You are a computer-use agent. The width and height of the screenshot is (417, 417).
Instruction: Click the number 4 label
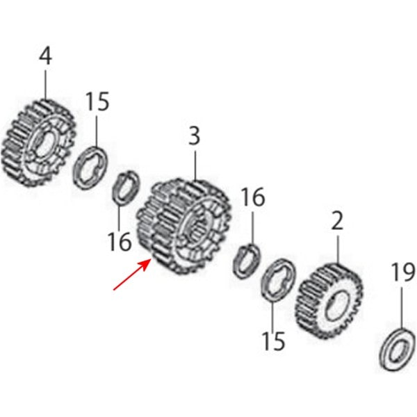(x=45, y=56)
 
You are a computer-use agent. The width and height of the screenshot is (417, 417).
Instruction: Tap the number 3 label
(x=195, y=136)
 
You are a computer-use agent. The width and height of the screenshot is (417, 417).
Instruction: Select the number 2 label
(x=338, y=221)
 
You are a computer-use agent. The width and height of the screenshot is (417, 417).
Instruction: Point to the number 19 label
(x=403, y=272)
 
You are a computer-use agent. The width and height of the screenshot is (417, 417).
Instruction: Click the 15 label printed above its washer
(x=97, y=101)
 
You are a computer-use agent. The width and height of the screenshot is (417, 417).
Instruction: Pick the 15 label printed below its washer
(x=273, y=341)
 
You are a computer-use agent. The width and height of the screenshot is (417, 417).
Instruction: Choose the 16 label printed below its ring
(x=120, y=242)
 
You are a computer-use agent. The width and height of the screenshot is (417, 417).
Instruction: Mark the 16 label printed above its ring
(x=253, y=197)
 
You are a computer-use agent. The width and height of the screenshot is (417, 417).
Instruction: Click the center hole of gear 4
(x=44, y=145)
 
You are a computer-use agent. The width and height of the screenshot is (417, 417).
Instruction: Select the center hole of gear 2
(x=337, y=304)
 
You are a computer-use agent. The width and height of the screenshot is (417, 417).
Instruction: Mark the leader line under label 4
(x=45, y=85)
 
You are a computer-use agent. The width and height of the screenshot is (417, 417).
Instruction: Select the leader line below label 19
(x=402, y=309)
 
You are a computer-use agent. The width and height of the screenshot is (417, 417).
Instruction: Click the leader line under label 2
(x=338, y=250)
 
